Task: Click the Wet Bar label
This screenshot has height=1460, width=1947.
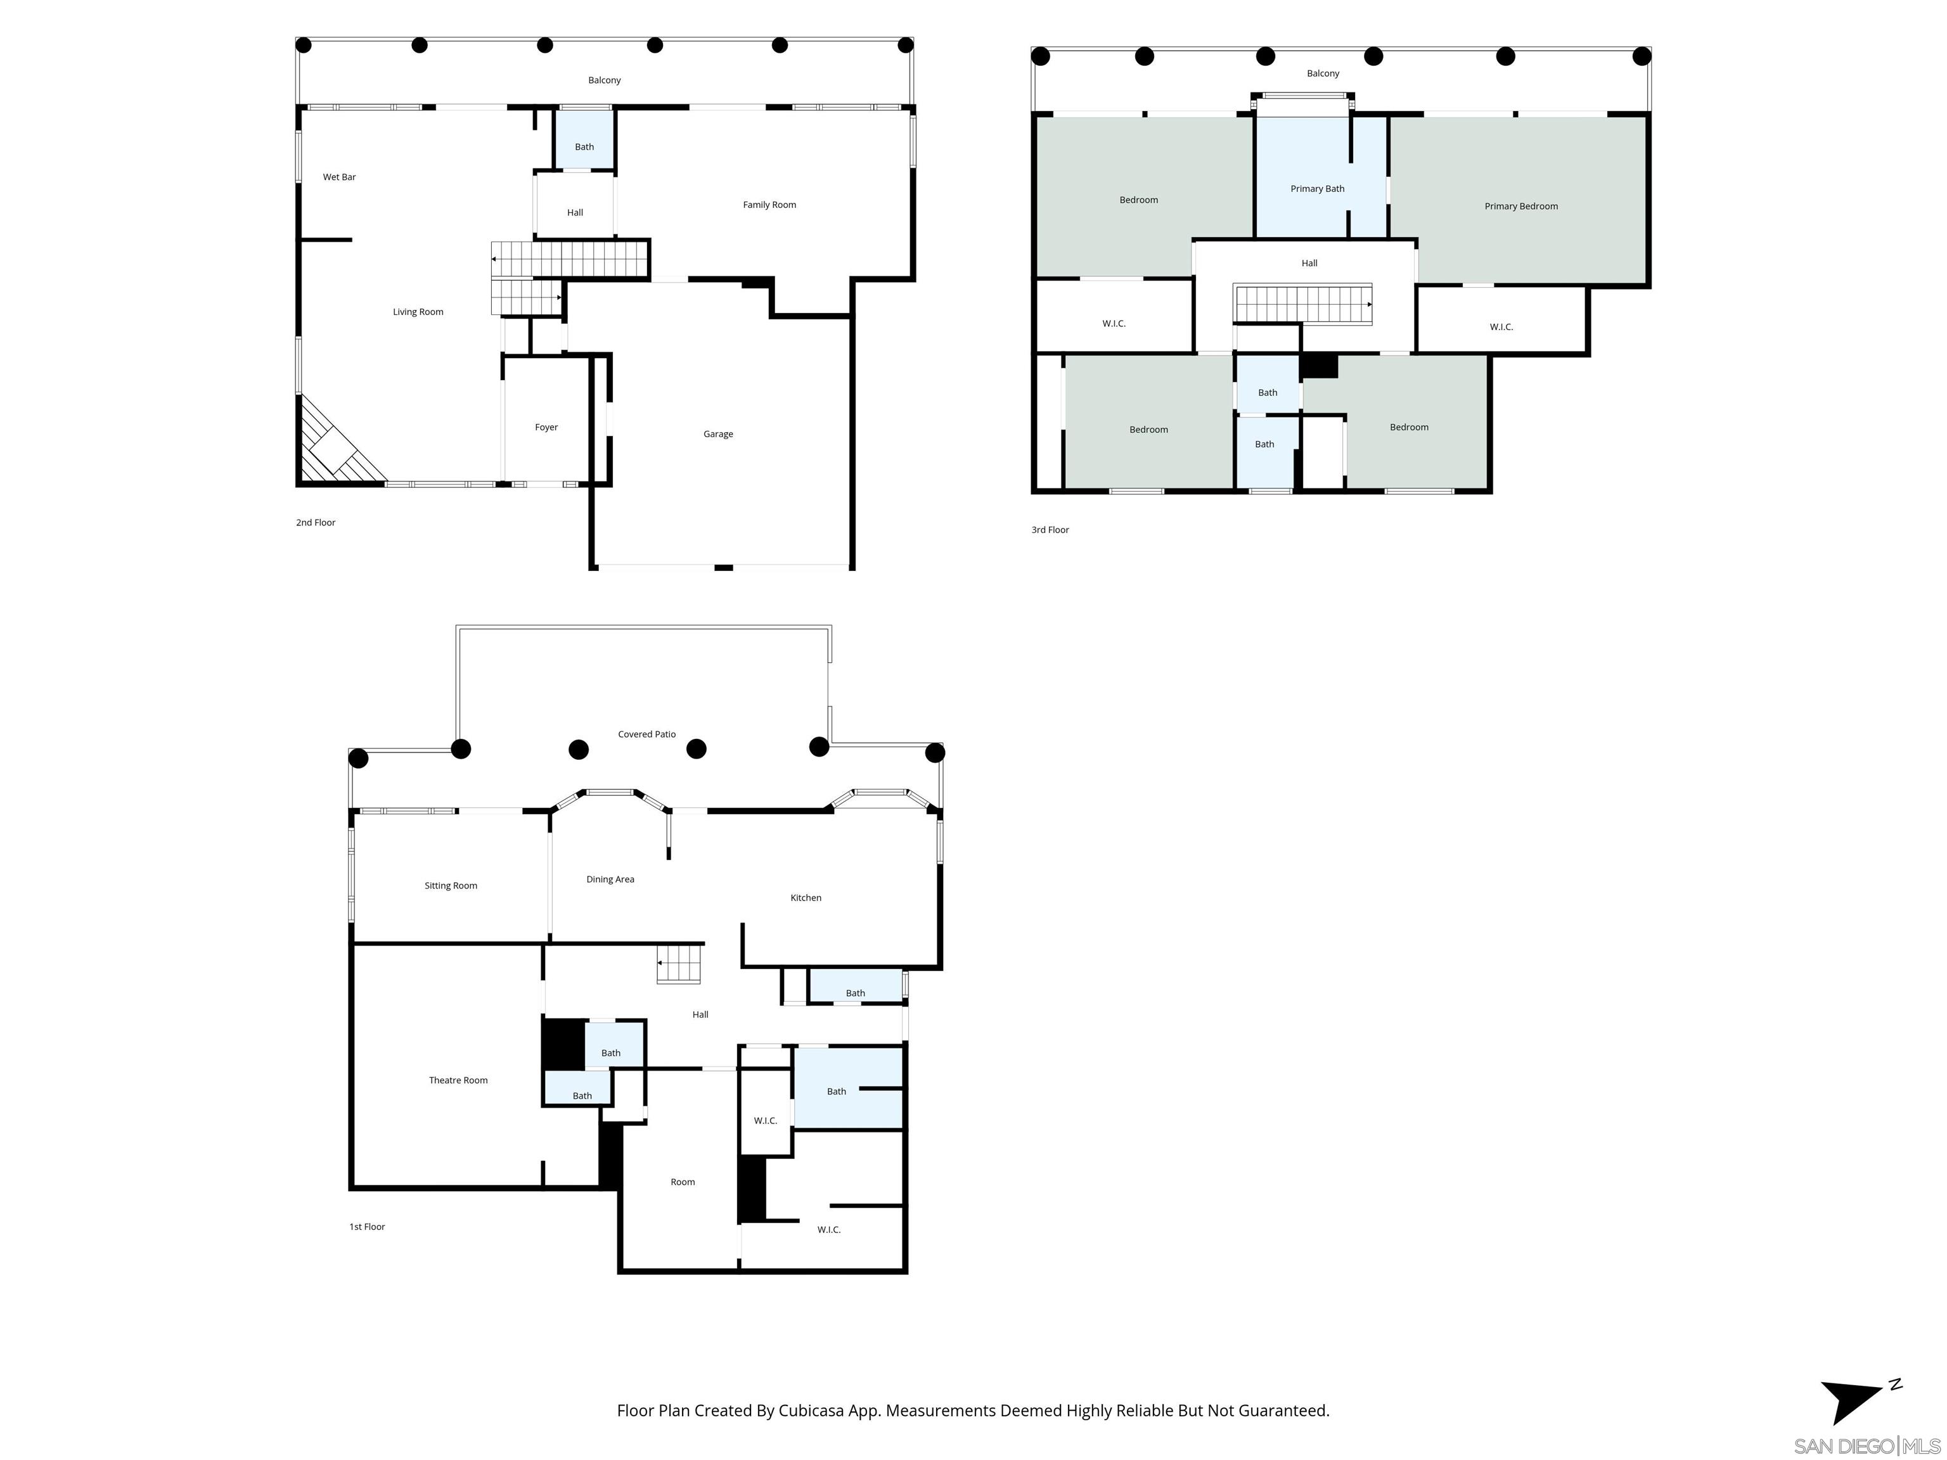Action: (x=339, y=177)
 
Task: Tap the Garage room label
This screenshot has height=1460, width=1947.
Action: (x=717, y=434)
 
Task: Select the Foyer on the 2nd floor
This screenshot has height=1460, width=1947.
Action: (x=546, y=427)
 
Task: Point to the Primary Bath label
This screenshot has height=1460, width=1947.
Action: (x=1317, y=188)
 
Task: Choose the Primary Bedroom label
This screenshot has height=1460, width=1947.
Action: (x=1520, y=206)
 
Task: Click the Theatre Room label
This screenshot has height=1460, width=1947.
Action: (x=458, y=1080)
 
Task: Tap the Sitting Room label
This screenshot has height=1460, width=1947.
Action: (x=451, y=885)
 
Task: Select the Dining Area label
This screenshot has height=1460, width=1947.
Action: (x=610, y=879)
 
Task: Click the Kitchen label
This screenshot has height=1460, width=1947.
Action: (x=806, y=898)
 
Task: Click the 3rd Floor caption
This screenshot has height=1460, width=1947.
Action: (x=1050, y=530)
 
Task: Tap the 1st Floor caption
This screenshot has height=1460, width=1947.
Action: (x=367, y=1227)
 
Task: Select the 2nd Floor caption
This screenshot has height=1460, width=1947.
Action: (x=315, y=523)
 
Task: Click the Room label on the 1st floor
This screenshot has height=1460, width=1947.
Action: (x=682, y=1182)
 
